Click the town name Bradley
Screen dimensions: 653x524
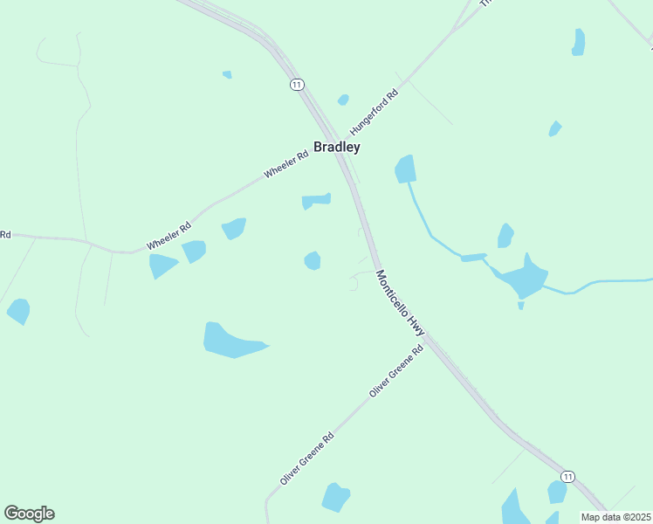coord(337,148)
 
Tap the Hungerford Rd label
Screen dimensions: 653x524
coord(374,110)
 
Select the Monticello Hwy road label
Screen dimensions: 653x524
coord(400,304)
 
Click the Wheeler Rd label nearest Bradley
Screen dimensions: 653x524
coord(286,165)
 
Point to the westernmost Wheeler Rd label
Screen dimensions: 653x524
coord(168,235)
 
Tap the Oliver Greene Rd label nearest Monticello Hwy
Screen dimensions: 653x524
coord(395,371)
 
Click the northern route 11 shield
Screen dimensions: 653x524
coord(298,84)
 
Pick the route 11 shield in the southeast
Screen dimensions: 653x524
coord(567,476)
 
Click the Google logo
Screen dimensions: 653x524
coord(29,513)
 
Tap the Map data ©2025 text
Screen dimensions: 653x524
coord(616,517)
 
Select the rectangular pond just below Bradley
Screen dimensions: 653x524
coord(315,201)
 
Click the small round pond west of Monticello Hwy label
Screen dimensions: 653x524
coord(312,260)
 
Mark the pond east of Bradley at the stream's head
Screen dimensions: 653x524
coord(405,169)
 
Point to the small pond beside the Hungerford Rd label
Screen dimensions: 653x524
coord(343,100)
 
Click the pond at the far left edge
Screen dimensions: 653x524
coord(18,310)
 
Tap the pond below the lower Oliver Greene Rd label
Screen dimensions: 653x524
coord(335,497)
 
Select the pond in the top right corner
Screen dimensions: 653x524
coord(578,42)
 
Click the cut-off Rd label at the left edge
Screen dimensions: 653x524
coord(4,234)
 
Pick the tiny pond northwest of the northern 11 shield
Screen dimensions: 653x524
coord(227,75)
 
